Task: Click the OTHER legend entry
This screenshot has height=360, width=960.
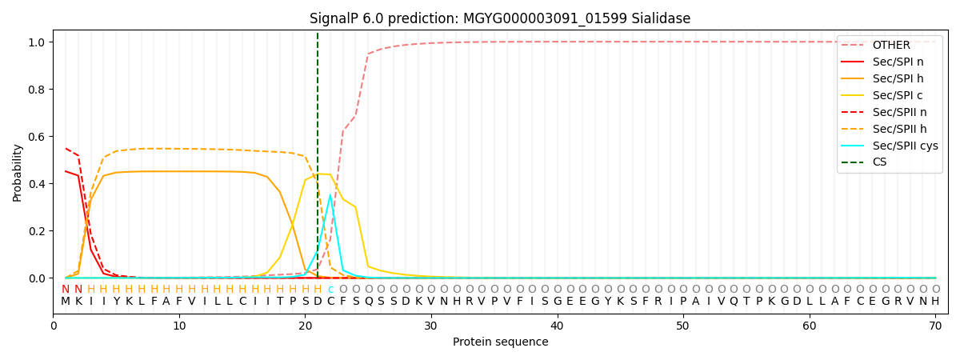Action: (891, 45)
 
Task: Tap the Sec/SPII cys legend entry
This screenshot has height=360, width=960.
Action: (905, 146)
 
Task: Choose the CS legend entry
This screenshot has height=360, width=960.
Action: (880, 162)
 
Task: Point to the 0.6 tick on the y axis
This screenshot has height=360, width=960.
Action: (38, 137)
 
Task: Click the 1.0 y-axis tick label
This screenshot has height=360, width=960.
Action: (38, 42)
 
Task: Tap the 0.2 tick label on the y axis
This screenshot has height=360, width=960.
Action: (38, 231)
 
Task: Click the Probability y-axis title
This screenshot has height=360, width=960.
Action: (18, 172)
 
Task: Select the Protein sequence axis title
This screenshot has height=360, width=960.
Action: (500, 342)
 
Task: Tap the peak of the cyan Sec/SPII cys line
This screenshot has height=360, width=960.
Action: (330, 194)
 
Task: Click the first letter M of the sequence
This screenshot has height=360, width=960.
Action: (66, 302)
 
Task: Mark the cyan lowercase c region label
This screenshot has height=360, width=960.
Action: (330, 290)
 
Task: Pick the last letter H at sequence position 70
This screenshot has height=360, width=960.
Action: (935, 302)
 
